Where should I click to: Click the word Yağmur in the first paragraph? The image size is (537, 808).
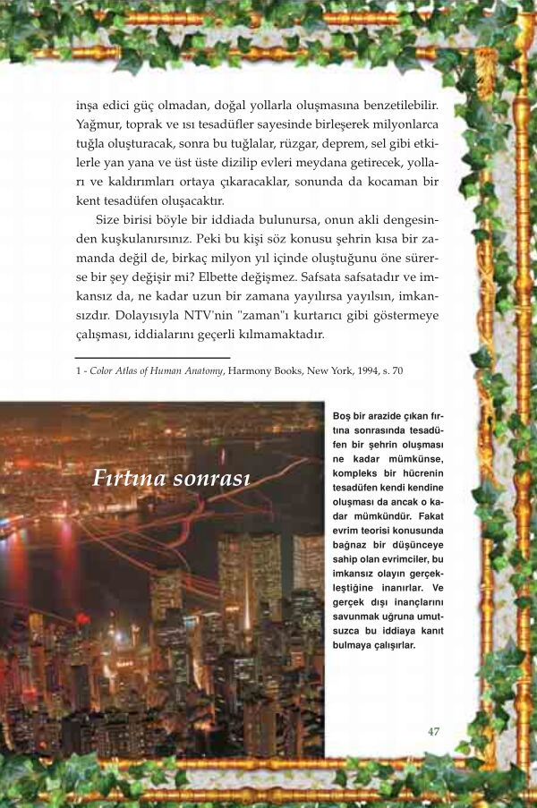pos(97,126)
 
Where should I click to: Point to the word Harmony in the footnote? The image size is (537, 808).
pos(249,371)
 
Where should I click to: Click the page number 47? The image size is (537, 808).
pos(433,731)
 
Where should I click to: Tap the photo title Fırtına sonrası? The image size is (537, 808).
pos(170,479)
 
